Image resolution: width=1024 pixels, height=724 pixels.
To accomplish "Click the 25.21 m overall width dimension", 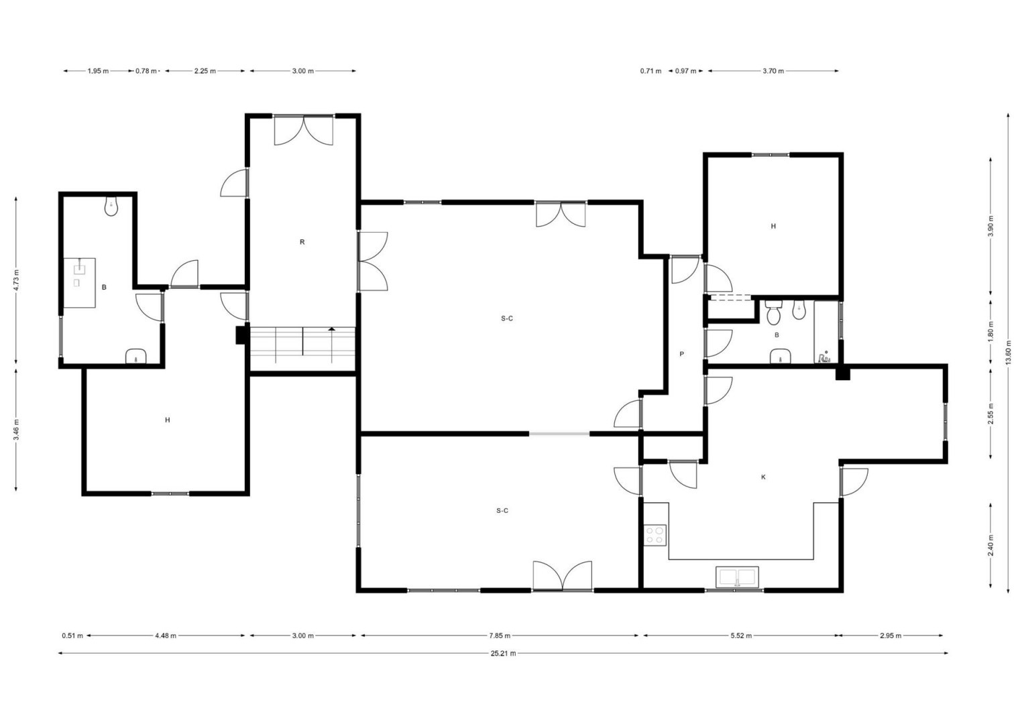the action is pyautogui.click(x=503, y=653).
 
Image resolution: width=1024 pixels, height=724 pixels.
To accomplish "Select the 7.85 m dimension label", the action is pyautogui.click(x=500, y=636).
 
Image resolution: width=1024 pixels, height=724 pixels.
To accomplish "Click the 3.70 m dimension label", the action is pyautogui.click(x=773, y=71).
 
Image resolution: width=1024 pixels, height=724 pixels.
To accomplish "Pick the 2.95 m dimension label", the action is pyautogui.click(x=891, y=636).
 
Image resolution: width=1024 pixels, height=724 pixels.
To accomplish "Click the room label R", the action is pyautogui.click(x=302, y=242).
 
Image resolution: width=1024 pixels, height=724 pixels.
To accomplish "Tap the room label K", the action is pyautogui.click(x=763, y=477).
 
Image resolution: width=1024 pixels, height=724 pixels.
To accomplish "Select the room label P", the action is pyautogui.click(x=681, y=354).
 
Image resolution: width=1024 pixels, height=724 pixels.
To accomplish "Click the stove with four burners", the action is pyautogui.click(x=655, y=535).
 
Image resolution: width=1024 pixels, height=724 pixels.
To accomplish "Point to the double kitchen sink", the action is pyautogui.click(x=737, y=577).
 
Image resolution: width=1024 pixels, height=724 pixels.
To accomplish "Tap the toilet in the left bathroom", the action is pyautogui.click(x=111, y=206).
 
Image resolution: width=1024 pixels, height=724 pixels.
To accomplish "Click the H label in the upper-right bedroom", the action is pyautogui.click(x=773, y=226).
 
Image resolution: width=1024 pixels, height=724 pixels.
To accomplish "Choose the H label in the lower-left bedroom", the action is pyautogui.click(x=168, y=420).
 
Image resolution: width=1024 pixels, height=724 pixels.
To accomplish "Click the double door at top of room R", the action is pyautogui.click(x=304, y=130).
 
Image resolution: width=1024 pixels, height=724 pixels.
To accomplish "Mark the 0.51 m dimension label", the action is pyautogui.click(x=72, y=636).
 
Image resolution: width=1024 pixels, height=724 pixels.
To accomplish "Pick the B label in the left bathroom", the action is pyautogui.click(x=104, y=288).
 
